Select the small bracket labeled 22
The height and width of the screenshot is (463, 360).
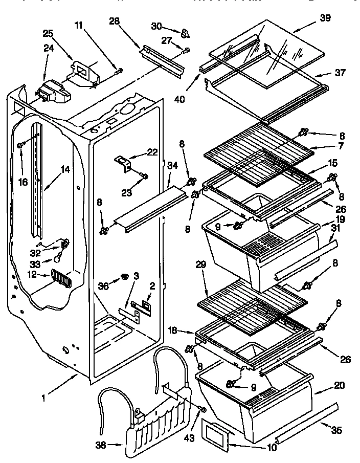click(x=123, y=163)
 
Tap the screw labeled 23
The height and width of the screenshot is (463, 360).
click(x=145, y=177)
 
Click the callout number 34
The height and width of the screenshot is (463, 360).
click(x=173, y=166)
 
